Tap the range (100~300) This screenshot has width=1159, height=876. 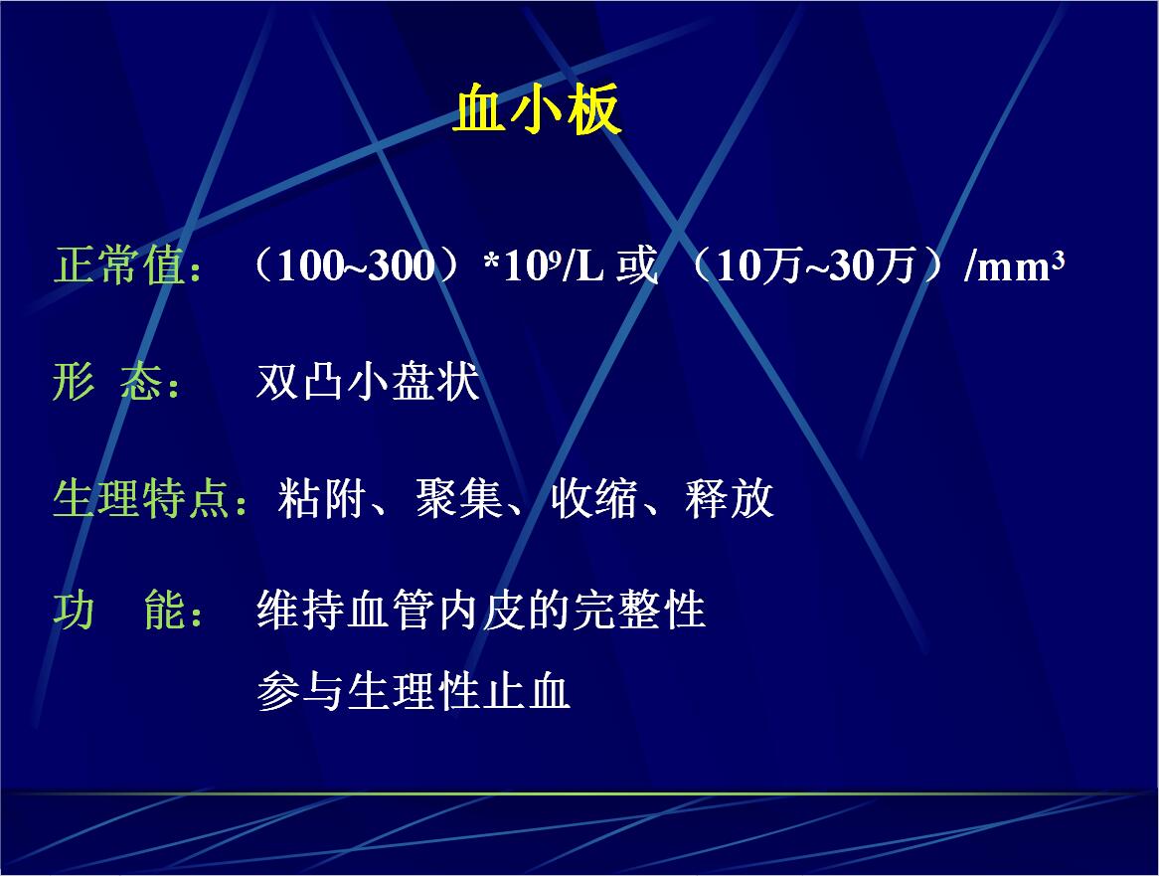[356, 265]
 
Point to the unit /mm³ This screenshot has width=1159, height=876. [1014, 266]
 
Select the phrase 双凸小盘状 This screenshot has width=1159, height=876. [368, 382]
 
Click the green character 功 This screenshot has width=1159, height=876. [74, 611]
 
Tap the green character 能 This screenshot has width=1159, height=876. [164, 611]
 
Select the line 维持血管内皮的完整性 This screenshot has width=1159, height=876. [481, 611]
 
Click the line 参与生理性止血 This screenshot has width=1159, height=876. [414, 691]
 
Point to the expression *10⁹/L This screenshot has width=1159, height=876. [544, 266]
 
